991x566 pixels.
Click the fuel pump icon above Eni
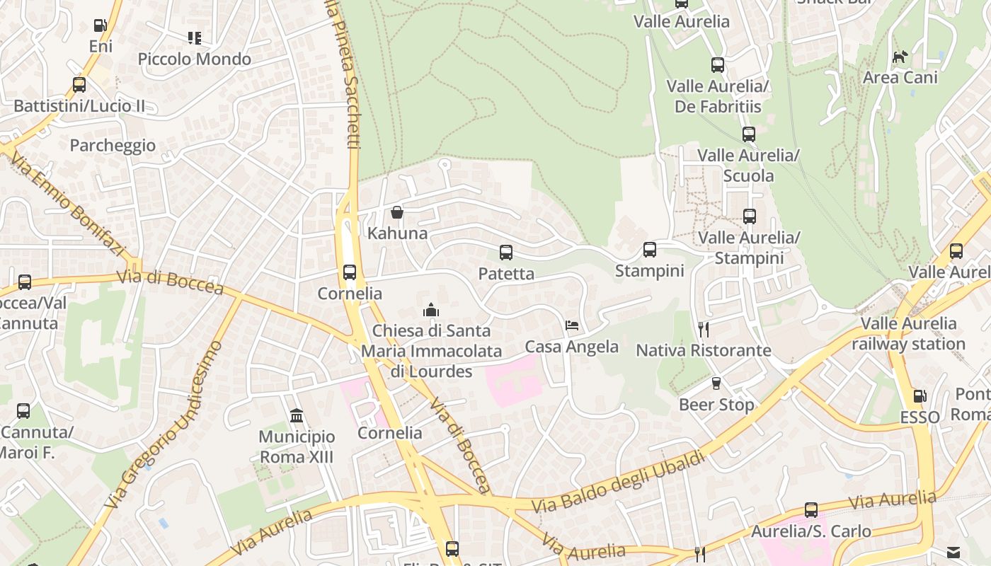100,26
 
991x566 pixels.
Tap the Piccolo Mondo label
194,59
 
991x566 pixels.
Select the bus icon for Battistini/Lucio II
79,85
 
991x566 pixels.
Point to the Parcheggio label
113,146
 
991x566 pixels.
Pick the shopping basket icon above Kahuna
397,212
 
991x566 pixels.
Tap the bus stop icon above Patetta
505,253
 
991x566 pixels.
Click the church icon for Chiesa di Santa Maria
430,310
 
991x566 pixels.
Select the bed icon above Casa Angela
572,325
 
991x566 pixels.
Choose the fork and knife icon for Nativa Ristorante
703,329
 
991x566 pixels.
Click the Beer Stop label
716,405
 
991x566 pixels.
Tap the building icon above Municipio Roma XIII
297,415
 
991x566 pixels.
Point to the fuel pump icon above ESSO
920,396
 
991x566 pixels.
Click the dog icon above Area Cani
900,57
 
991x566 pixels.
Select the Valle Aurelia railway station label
908,334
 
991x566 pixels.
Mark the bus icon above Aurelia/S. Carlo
811,510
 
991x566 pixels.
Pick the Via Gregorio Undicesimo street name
164,424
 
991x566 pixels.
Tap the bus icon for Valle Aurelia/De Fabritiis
718,65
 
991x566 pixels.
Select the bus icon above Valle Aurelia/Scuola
749,134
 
